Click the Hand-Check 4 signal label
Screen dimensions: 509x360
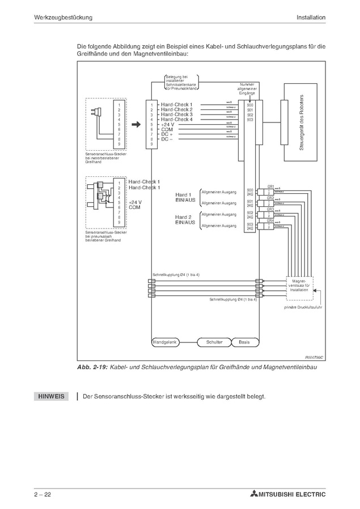[176, 120]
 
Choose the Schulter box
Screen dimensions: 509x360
[214, 342]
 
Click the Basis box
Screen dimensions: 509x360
[244, 342]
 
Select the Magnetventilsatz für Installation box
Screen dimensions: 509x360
[299, 285]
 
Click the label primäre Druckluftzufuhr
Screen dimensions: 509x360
[303, 307]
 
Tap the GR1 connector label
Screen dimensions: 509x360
[270, 186]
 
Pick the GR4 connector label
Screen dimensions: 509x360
[270, 220]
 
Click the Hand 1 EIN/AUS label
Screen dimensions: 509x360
[185, 197]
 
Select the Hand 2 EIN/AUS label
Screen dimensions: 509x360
[185, 220]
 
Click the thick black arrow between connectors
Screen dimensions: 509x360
[135, 124]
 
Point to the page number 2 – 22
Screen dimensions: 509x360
[43, 495]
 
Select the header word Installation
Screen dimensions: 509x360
[311, 17]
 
